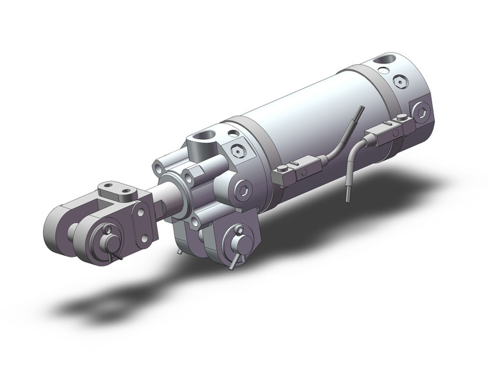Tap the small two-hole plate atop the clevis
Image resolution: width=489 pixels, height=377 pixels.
(118, 191)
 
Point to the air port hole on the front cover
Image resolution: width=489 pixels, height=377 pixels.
(205, 138)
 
